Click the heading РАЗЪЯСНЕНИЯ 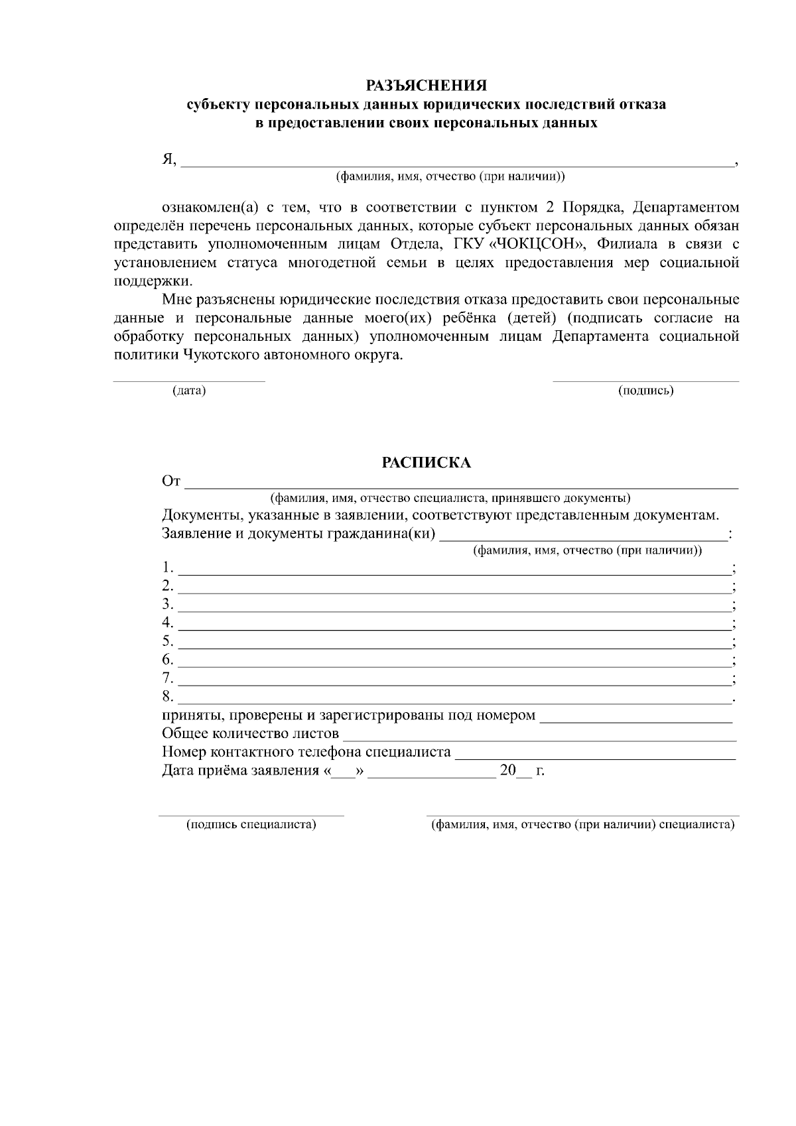427,86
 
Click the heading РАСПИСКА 427,463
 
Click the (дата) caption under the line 189,391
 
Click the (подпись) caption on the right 645,391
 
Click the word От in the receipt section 171,481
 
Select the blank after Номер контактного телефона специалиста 595,755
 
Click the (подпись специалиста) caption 251,825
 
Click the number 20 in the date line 507,771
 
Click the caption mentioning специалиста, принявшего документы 450,498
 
